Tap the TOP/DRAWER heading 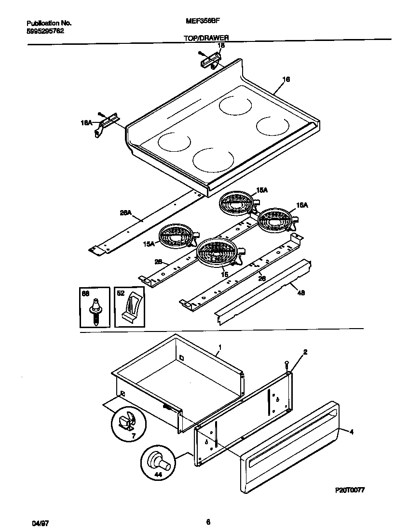[206, 37]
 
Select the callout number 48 [301, 292]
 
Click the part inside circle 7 [127, 422]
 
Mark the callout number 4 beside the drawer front [351, 432]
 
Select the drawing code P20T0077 [350, 490]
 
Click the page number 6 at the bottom [208, 521]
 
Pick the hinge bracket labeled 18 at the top [210, 61]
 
